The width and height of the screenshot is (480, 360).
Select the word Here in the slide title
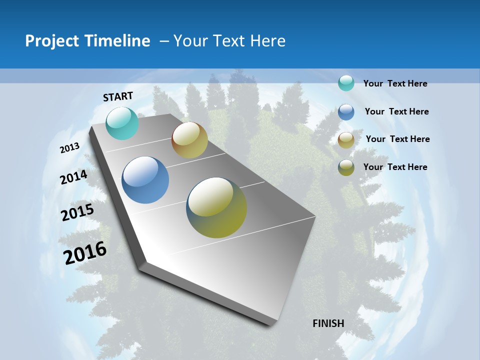tap(267, 41)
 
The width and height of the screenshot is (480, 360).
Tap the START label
tap(118, 96)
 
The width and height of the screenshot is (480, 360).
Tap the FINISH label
tap(328, 323)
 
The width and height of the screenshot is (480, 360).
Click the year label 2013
tap(70, 148)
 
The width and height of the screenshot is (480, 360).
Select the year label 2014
tap(74, 177)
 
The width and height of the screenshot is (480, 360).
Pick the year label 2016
tap(85, 253)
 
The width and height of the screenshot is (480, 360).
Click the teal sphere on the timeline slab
tap(122, 123)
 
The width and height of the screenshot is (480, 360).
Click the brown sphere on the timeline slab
tap(189, 140)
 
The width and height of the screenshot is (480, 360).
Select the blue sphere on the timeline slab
tap(145, 180)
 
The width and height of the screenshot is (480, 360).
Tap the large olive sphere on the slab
tap(216, 207)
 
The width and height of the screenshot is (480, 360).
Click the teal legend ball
tap(346, 83)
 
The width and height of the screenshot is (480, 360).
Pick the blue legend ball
tap(346, 112)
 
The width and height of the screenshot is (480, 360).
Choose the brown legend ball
tap(346, 140)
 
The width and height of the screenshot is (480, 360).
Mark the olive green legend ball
tap(346, 167)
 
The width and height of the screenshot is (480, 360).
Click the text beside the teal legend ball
tap(395, 83)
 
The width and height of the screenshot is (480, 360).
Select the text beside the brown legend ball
tap(397, 139)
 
